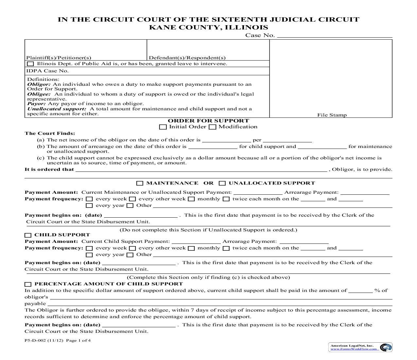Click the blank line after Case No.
click(x=334, y=36)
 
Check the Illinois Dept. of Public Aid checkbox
click(x=30, y=64)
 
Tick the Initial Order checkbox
click(x=163, y=127)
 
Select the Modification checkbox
click(x=212, y=127)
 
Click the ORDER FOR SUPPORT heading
click(x=208, y=121)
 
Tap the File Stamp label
click(x=332, y=115)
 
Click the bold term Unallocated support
click(x=56, y=109)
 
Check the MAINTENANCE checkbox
click(x=140, y=183)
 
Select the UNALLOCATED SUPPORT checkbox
click(x=222, y=183)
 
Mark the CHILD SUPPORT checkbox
click(x=28, y=235)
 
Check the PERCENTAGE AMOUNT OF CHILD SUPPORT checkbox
click(x=28, y=284)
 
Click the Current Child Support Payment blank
click(x=196, y=242)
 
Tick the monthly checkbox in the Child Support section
click(x=191, y=248)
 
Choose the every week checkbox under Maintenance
click(x=89, y=199)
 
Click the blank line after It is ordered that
click(x=201, y=170)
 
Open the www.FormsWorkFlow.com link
click(x=355, y=349)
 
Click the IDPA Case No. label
click(x=47, y=71)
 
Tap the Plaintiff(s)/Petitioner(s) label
click(x=59, y=58)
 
